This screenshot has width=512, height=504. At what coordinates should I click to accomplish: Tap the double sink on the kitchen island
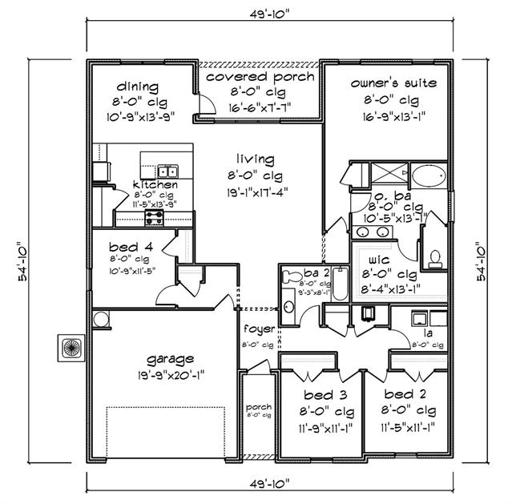pyautogui.click(x=167, y=171)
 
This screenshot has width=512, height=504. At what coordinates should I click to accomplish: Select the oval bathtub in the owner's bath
pyautogui.click(x=430, y=175)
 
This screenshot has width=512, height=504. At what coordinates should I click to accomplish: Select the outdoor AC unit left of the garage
pyautogui.click(x=69, y=347)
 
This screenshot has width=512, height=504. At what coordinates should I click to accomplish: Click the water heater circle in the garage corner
pyautogui.click(x=102, y=319)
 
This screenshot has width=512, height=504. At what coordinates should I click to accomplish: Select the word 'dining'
pyautogui.click(x=137, y=87)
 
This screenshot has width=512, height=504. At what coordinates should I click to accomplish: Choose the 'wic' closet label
pyautogui.click(x=379, y=261)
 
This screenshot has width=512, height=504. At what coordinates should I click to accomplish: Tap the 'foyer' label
pyautogui.click(x=260, y=329)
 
